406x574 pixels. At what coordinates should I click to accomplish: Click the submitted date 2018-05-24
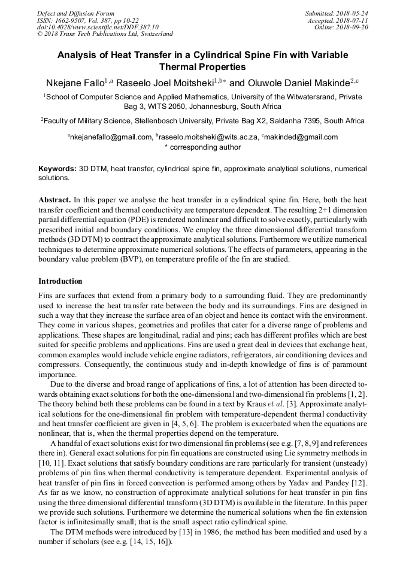click(352, 13)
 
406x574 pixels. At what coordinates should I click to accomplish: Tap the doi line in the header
click(98, 28)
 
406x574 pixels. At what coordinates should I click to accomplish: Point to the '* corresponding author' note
click(202, 147)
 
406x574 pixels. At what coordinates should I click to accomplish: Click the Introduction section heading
click(60, 281)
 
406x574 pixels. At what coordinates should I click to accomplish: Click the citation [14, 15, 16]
click(150, 542)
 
